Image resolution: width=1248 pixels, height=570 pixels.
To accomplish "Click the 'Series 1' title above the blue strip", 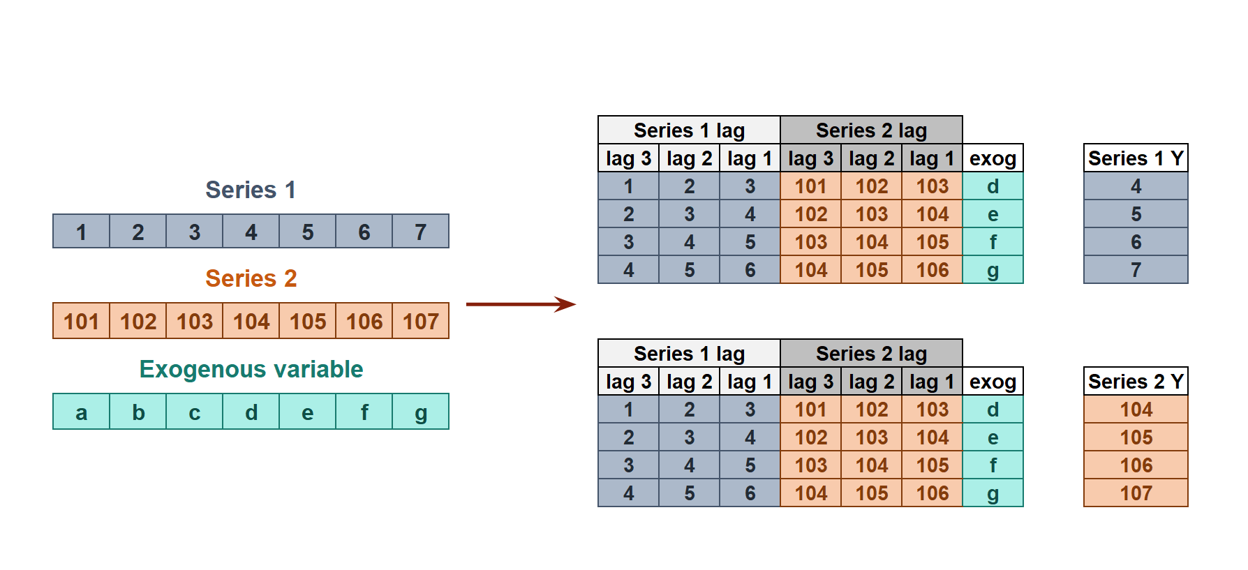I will click(x=251, y=190).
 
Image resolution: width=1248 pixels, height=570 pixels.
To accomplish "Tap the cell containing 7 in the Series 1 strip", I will click(x=420, y=232).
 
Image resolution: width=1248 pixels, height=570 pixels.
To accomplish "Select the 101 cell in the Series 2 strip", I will click(x=81, y=321).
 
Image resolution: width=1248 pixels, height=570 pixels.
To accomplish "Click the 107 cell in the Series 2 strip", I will click(x=420, y=321).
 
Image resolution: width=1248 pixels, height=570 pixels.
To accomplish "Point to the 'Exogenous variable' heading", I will click(x=251, y=369).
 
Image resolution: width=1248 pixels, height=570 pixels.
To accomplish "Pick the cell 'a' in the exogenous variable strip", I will click(x=81, y=412).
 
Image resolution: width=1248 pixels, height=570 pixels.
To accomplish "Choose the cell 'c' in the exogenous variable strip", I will click(x=194, y=412).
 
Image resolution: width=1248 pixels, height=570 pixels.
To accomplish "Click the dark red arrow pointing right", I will click(x=520, y=304).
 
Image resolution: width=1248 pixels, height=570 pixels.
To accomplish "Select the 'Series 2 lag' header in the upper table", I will click(x=871, y=130).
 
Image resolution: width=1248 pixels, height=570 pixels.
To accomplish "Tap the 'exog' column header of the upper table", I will click(x=993, y=158).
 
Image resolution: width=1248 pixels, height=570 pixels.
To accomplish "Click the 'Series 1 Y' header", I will click(x=1136, y=158).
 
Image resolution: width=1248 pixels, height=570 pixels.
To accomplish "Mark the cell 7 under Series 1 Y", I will click(x=1136, y=270).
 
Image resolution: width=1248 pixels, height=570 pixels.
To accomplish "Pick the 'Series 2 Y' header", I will click(x=1136, y=382).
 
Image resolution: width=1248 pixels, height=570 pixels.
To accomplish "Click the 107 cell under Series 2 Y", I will click(x=1136, y=493).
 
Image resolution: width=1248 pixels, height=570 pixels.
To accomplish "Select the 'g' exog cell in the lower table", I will click(x=993, y=493).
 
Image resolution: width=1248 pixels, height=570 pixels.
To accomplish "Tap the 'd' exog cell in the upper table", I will click(x=993, y=186).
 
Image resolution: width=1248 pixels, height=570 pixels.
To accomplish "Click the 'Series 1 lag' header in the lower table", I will click(x=689, y=354).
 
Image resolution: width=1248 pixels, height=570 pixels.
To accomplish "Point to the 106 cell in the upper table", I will click(x=932, y=270).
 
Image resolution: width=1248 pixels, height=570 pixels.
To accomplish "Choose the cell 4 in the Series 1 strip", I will click(x=251, y=232).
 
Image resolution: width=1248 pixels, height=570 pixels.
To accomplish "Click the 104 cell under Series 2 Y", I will click(x=1136, y=410).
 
